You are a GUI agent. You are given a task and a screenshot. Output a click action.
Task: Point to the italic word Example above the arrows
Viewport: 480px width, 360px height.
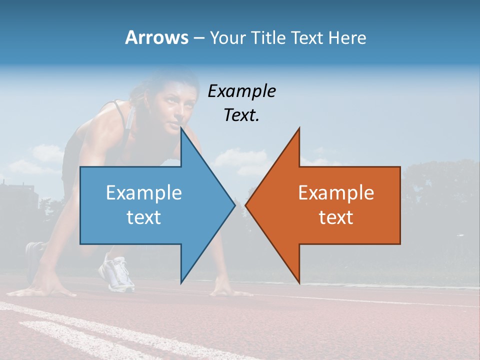[241, 91]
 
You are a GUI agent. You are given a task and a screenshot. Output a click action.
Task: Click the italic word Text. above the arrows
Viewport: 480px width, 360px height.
[241, 115]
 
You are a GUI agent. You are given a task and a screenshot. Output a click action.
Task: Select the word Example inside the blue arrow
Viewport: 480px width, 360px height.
[144, 193]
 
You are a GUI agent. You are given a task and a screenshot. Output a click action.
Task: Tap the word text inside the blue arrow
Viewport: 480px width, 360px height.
[144, 217]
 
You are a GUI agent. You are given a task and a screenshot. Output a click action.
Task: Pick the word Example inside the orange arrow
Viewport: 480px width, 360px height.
[336, 193]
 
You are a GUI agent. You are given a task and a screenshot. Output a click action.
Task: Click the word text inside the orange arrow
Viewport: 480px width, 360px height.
[336, 217]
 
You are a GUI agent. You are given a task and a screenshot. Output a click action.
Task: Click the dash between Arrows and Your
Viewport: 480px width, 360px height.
[199, 38]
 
